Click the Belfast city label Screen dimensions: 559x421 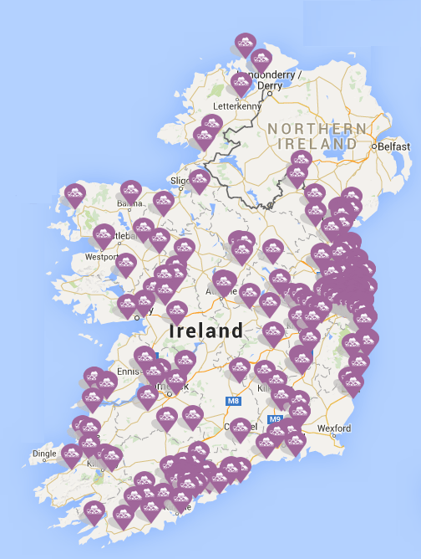395,146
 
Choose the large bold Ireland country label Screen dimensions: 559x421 206,331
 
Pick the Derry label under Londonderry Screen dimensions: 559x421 271,85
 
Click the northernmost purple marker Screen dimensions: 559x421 245,43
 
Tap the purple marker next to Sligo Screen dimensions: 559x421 198,179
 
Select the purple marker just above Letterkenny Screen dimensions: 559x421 241,82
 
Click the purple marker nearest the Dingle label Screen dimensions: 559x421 72,454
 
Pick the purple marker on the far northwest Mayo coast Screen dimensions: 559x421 75,194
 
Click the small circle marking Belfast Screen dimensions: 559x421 373,146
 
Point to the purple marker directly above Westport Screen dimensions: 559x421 104,234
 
